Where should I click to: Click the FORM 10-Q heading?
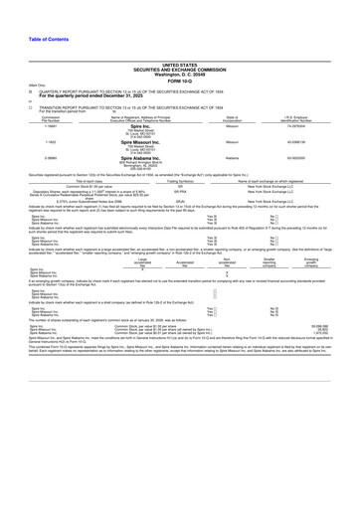click(x=179, y=52)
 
